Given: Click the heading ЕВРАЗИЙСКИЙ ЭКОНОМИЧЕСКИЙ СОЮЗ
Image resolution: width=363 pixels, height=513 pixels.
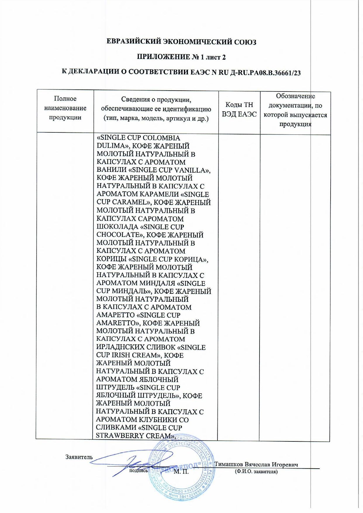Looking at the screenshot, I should click(181, 42).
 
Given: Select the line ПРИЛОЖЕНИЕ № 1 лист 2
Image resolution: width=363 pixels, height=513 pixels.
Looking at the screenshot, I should click(181, 57).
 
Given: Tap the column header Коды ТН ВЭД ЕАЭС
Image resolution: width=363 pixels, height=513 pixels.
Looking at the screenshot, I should click(239, 109).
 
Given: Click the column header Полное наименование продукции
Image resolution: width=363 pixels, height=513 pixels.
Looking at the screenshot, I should click(65, 108).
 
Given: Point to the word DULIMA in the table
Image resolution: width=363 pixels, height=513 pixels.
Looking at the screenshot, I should click(111, 146).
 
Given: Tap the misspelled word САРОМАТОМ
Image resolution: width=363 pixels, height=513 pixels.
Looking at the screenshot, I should click(161, 219).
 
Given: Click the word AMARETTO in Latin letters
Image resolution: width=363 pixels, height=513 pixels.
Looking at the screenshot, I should click(115, 323).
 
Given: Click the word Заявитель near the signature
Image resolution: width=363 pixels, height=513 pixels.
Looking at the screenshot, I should click(79, 457).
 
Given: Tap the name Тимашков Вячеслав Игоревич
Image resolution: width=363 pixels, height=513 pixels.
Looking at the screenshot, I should click(256, 464).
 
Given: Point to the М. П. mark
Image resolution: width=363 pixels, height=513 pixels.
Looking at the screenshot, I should click(181, 471).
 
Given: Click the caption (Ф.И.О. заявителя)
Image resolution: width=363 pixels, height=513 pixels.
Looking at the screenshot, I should click(256, 471).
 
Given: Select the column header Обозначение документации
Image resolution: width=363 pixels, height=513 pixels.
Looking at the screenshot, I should click(295, 110).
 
